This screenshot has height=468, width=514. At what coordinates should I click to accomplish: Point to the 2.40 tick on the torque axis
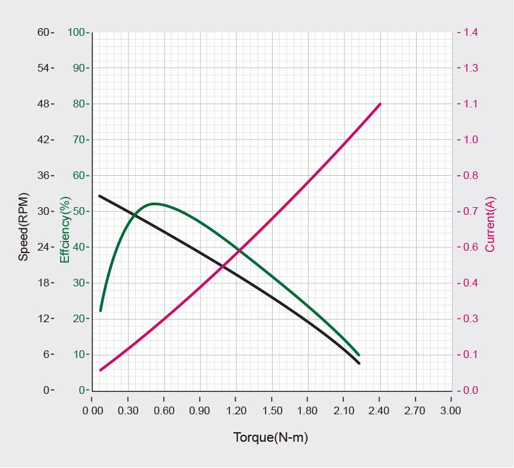[380, 410]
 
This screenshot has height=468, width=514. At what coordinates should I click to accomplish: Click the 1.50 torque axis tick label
[272, 410]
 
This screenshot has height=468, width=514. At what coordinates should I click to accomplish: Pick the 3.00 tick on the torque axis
[451, 410]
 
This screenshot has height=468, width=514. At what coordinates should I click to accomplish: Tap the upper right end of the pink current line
[380, 104]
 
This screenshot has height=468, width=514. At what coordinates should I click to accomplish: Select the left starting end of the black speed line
[99, 196]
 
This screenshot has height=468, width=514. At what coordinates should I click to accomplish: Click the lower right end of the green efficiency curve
[358, 355]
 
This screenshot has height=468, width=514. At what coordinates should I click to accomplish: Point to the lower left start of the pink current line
[100, 370]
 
